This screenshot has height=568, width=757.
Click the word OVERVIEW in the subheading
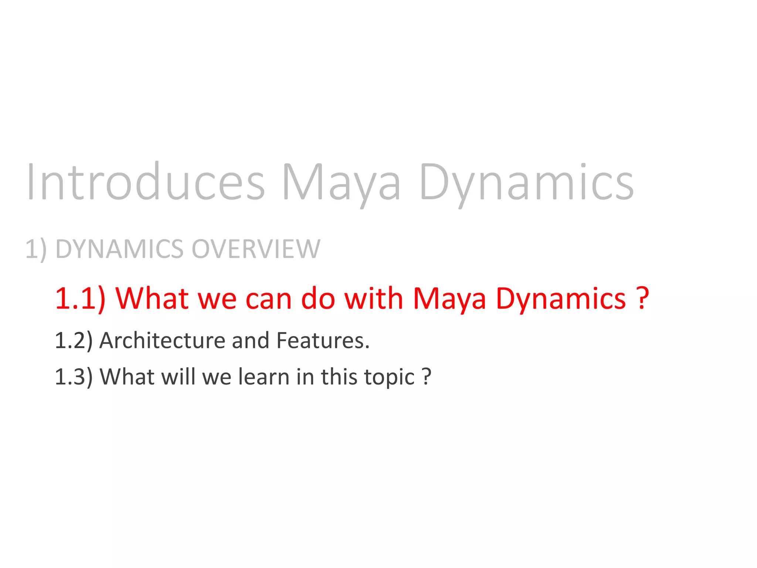[x=256, y=249]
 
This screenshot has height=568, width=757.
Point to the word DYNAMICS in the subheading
[x=119, y=249]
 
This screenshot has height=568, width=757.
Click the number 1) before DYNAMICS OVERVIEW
[x=36, y=249]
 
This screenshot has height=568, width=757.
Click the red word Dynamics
[x=561, y=298]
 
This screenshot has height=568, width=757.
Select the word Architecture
[x=162, y=340]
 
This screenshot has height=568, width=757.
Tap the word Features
[x=322, y=340]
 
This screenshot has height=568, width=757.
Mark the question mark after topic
[x=427, y=376]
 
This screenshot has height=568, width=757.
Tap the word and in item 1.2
[x=250, y=340]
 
